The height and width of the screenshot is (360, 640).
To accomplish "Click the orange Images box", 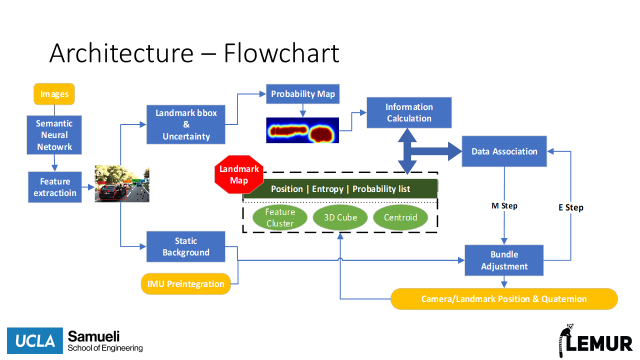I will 54,94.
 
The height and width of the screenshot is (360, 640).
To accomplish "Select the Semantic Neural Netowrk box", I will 54,135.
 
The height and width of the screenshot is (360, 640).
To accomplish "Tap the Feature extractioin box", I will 55,187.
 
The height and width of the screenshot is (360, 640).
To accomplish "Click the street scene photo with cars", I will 122,184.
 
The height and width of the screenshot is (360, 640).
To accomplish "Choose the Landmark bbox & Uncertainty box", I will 186,124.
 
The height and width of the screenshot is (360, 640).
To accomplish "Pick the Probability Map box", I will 303,94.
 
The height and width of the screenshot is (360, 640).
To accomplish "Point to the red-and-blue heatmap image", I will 302,130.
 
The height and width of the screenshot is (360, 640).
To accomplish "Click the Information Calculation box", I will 409,112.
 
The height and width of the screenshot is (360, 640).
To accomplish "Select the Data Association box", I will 504,151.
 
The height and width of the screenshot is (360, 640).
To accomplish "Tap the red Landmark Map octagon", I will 239,174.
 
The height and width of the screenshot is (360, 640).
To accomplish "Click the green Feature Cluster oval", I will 280,217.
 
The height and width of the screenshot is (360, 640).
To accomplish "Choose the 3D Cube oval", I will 340,217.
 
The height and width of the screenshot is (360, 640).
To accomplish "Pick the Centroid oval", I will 400,217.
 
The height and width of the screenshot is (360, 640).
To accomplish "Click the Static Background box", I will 186,246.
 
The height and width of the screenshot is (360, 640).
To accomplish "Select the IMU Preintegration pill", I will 186,284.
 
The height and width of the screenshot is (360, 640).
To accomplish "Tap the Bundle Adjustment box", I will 504,260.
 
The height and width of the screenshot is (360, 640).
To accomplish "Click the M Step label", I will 504,206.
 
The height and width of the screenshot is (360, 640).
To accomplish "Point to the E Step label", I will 571,207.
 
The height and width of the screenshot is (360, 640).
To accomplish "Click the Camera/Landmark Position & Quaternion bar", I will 504,299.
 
